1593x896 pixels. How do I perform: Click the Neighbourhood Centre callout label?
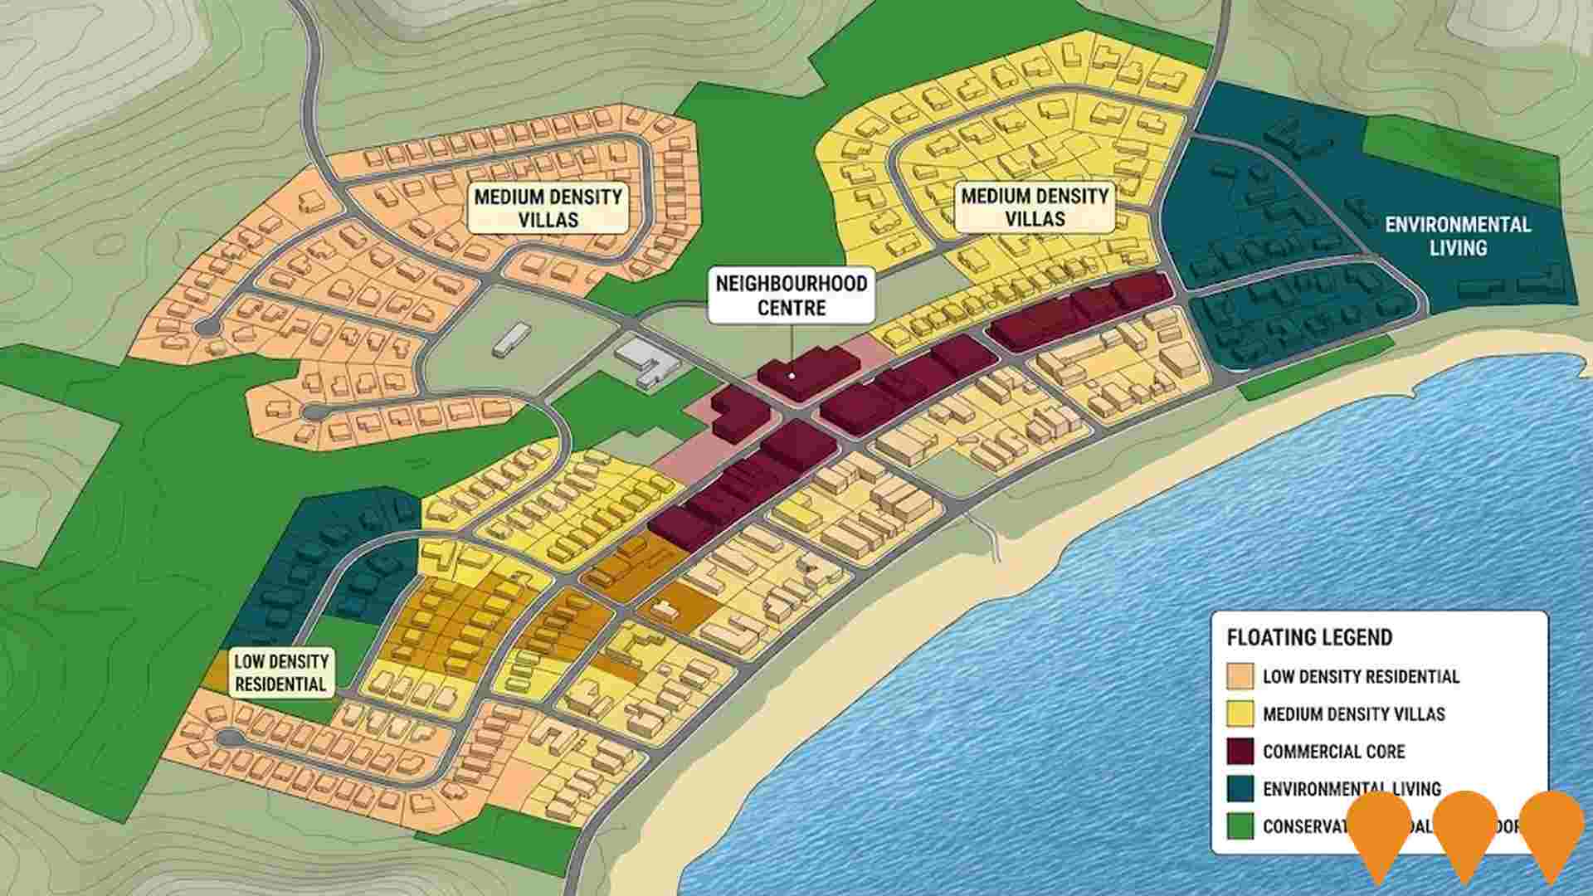coord(791,295)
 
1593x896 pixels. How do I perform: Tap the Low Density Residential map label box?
coord(280,673)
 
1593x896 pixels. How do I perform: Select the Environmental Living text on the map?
coord(1457,236)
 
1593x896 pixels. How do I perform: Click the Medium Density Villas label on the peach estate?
coord(548,208)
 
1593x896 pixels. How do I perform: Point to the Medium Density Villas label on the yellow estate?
coord(1035,207)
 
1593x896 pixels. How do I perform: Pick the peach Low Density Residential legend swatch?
coord(1240,675)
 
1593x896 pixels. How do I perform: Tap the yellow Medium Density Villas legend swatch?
coord(1240,713)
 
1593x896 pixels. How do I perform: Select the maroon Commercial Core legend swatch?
coord(1240,751)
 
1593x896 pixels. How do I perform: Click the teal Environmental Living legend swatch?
coord(1240,788)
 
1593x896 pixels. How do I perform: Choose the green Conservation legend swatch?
coord(1240,826)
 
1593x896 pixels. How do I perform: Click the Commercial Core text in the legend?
coord(1333,752)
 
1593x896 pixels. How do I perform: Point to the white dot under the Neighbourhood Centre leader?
coord(792,376)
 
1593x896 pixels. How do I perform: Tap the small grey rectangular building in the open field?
coord(511,340)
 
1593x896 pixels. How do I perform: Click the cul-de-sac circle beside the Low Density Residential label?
coord(228,738)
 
